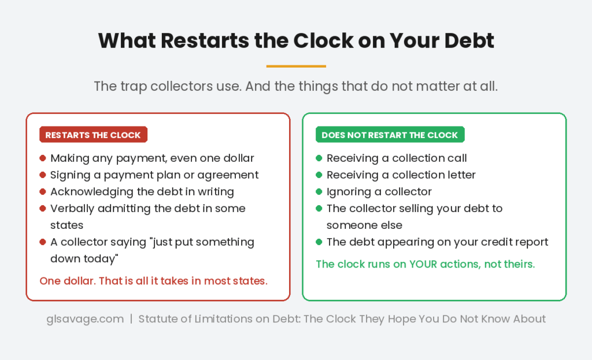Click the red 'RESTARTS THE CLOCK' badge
tap(93, 135)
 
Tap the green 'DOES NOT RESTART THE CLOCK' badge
tap(390, 135)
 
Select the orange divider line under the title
tap(296, 66)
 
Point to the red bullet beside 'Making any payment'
tap(43, 158)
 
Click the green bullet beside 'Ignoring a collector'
tap(319, 192)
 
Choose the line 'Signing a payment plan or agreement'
tap(154, 175)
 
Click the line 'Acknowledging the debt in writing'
tap(142, 192)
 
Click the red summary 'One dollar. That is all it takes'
tap(153, 281)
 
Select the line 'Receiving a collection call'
tap(397, 158)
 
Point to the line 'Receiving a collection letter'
tap(401, 175)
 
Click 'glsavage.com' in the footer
tap(85, 319)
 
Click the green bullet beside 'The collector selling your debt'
tap(319, 209)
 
